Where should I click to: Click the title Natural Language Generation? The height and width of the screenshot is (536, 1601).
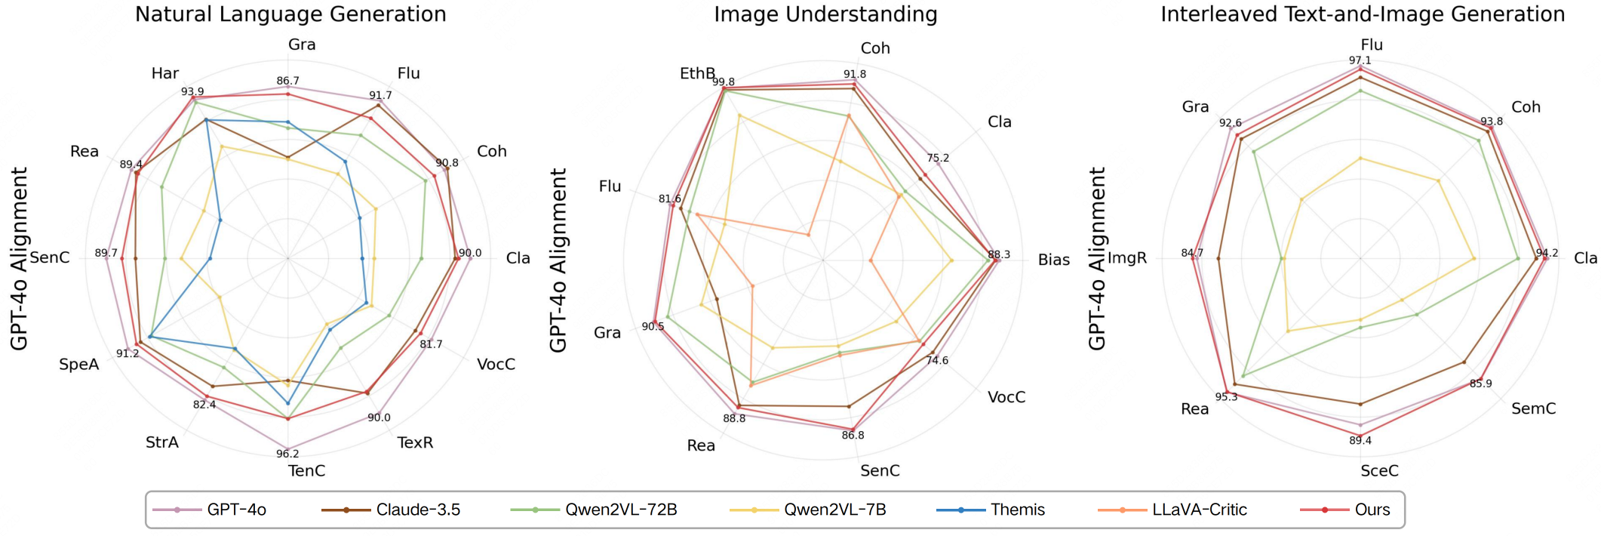click(290, 14)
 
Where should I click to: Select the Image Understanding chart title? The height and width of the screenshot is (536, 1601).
click(825, 14)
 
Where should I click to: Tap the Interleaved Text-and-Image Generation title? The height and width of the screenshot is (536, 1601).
click(1363, 14)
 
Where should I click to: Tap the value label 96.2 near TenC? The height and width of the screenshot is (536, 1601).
click(287, 454)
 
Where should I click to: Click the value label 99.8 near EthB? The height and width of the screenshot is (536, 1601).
click(724, 82)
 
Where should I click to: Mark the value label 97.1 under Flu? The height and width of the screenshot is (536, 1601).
click(1360, 60)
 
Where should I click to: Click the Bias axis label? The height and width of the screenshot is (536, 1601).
click(1053, 260)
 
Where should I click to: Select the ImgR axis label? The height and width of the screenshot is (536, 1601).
click(1127, 258)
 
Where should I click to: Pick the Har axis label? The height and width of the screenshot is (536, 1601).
click(165, 73)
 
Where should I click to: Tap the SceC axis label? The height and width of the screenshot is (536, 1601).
click(1379, 471)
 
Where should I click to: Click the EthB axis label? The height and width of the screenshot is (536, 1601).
click(697, 73)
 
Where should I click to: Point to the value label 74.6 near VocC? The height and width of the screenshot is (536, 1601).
click(937, 361)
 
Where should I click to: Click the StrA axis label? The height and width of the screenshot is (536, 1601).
click(162, 442)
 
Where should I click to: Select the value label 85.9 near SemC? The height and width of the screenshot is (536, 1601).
click(1480, 384)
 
